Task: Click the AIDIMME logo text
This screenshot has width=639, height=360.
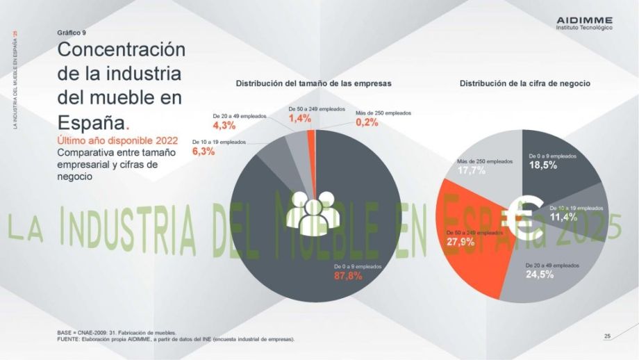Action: (585, 20)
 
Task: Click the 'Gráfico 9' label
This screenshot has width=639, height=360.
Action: (72, 33)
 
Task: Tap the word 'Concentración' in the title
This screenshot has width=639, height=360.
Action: (122, 50)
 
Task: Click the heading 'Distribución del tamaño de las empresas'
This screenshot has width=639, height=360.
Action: (314, 83)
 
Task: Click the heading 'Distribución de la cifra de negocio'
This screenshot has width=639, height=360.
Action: (525, 83)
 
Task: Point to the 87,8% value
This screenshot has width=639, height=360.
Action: (349, 276)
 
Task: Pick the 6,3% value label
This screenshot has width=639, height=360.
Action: (204, 152)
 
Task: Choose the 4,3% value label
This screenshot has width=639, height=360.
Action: (224, 126)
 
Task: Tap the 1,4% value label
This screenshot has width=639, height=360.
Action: (300, 119)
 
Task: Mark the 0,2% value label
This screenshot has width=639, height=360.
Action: (367, 122)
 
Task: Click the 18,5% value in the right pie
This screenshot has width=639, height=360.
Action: (543, 166)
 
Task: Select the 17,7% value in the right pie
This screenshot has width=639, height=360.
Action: (472, 171)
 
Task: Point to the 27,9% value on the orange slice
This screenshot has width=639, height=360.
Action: (460, 242)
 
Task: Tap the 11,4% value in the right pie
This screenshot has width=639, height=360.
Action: (563, 217)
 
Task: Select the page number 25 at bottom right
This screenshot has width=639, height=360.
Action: (607, 336)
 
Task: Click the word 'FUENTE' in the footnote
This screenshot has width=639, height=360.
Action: (69, 339)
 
